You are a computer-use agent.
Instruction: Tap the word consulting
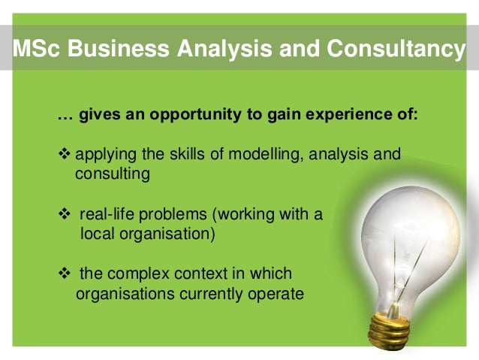[113, 174]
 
